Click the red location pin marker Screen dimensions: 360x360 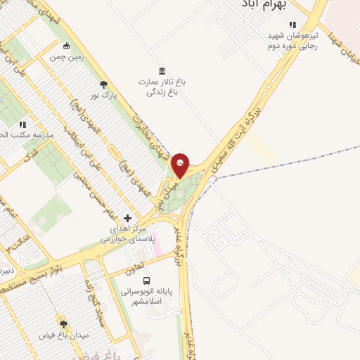click(x=181, y=165)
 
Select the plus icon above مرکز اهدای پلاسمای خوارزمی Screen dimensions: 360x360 click(x=127, y=218)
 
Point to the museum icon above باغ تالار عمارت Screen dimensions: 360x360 click(x=162, y=70)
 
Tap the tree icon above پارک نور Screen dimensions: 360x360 click(x=104, y=84)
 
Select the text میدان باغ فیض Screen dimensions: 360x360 click(x=65, y=335)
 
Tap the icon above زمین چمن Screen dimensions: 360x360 click(x=66, y=46)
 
